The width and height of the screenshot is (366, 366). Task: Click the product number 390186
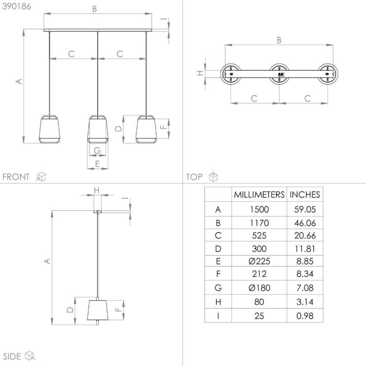(17, 6)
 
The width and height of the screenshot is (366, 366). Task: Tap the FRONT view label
(16, 177)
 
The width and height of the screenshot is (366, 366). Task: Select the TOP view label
(194, 177)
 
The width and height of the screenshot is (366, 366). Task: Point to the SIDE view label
(12, 357)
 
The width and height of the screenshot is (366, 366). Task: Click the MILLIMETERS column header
(259, 195)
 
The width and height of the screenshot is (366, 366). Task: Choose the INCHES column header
(305, 195)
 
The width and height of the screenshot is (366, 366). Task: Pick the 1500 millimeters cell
(259, 209)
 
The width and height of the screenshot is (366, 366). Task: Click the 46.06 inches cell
(305, 223)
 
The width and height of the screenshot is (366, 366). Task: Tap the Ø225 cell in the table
(259, 261)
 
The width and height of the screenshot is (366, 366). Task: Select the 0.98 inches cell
(305, 316)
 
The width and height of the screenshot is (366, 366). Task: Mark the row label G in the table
(218, 288)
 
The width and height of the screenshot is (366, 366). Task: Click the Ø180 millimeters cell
(259, 288)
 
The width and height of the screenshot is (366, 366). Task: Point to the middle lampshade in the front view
(98, 129)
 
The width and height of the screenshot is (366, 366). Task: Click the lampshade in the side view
(98, 310)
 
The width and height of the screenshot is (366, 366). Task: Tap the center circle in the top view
(279, 74)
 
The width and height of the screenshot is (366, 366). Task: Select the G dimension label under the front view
(97, 151)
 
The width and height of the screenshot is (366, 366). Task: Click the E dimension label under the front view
(98, 164)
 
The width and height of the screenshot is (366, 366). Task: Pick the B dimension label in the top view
(279, 40)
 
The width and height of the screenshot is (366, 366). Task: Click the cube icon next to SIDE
(30, 356)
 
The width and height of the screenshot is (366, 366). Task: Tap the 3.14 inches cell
(305, 302)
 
